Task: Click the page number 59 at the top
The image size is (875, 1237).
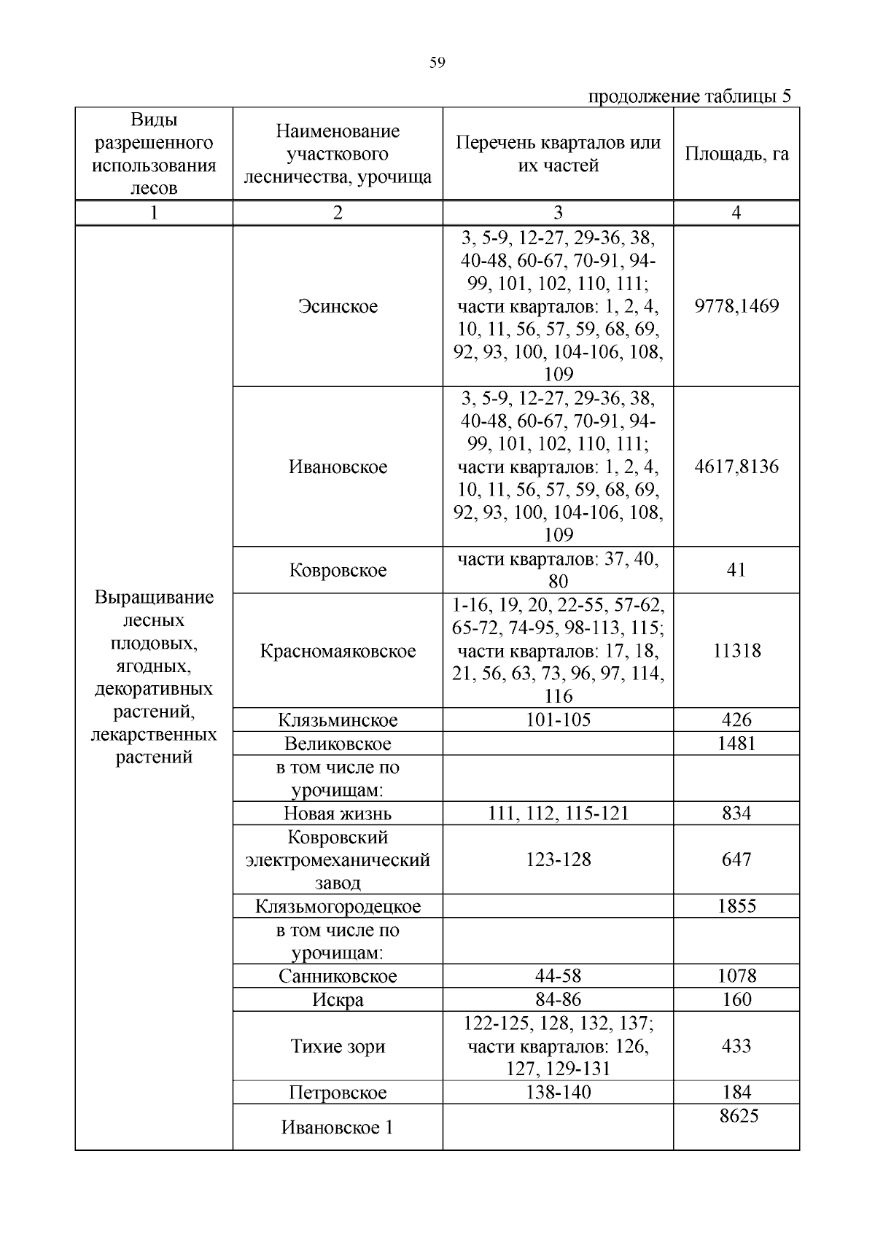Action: pyautogui.click(x=437, y=63)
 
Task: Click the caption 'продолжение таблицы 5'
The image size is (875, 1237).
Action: pyautogui.click(x=689, y=97)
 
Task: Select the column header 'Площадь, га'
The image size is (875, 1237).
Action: pyautogui.click(x=736, y=154)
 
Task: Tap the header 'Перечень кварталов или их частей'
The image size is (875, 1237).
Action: pyautogui.click(x=558, y=154)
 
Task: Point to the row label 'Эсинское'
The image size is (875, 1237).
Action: pyautogui.click(x=338, y=306)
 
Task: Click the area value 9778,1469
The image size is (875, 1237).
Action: pyautogui.click(x=736, y=306)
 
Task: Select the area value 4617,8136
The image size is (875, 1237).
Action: pyautogui.click(x=736, y=467)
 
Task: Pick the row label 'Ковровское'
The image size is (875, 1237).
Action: pyautogui.click(x=338, y=570)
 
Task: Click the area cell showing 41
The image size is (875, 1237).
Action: pyautogui.click(x=736, y=570)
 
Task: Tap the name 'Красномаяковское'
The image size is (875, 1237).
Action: pyautogui.click(x=338, y=651)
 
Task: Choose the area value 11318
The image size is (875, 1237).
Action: pyautogui.click(x=736, y=651)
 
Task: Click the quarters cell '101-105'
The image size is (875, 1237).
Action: pyautogui.click(x=558, y=720)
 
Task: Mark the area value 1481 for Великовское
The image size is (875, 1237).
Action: pyautogui.click(x=736, y=744)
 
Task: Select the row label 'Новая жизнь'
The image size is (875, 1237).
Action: pyautogui.click(x=338, y=813)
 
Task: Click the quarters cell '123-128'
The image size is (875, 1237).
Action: pyautogui.click(x=558, y=859)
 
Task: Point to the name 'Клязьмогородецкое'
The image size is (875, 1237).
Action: pyautogui.click(x=338, y=906)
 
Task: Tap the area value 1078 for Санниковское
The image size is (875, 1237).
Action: pyautogui.click(x=736, y=976)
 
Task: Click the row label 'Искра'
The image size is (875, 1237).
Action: pyautogui.click(x=338, y=999)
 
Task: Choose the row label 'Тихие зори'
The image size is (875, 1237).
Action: pyautogui.click(x=338, y=1046)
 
